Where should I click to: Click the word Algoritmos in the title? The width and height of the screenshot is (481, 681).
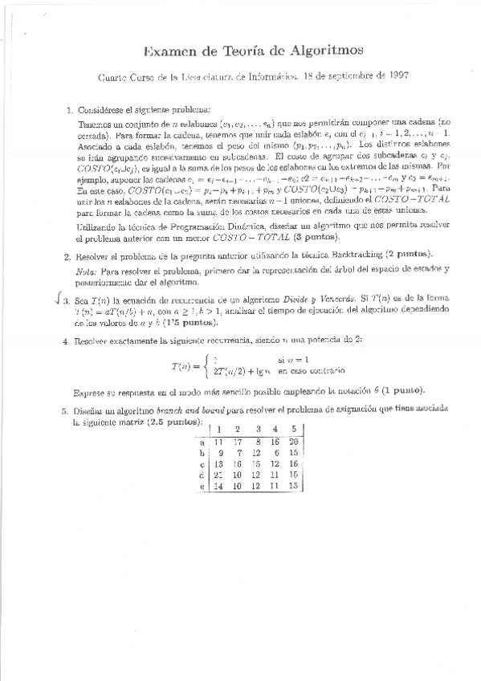pos(305,53)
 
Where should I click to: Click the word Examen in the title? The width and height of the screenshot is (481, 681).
pos(173,53)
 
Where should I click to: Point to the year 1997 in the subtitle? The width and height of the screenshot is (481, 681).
pos(380,78)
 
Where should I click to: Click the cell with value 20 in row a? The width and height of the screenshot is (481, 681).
pos(294,441)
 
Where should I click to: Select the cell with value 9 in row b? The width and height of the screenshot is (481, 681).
pos(218,452)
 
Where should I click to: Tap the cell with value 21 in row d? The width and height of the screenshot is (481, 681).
pos(218,475)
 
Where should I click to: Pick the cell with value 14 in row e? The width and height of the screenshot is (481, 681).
pos(218,487)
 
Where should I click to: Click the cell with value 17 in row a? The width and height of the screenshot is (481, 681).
pos(238,441)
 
